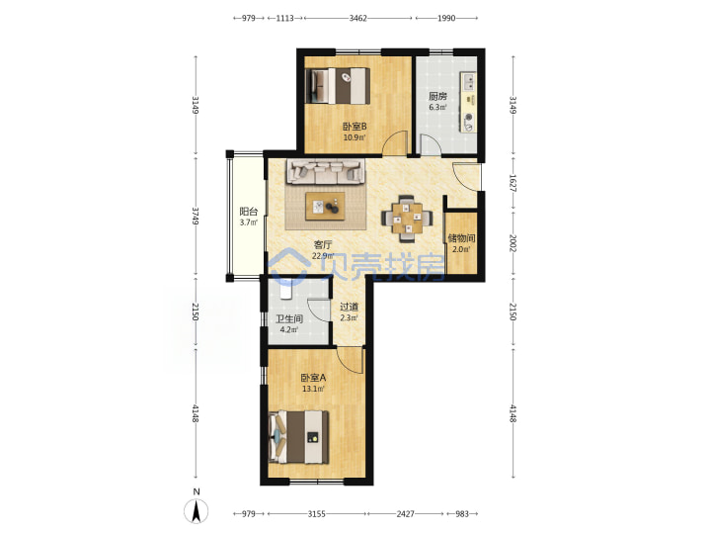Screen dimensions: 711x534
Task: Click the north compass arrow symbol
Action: click(x=196, y=510)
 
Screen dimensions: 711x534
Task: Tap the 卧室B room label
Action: click(x=355, y=127)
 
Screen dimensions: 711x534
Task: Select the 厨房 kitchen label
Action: click(x=437, y=96)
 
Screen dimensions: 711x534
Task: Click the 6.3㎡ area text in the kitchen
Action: click(x=437, y=108)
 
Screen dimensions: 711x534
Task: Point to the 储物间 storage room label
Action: click(x=461, y=238)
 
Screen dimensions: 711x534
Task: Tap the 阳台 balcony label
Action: click(x=249, y=212)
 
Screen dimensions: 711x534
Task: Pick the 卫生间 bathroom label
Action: click(x=289, y=318)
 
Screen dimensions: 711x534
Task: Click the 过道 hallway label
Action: click(x=349, y=307)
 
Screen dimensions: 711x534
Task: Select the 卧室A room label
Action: click(x=313, y=378)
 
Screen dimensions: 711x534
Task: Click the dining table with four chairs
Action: click(x=406, y=218)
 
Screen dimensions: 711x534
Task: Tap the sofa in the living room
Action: click(x=325, y=172)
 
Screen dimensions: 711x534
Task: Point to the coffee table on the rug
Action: click(x=325, y=206)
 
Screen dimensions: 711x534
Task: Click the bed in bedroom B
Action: click(x=338, y=85)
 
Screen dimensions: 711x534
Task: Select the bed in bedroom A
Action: click(x=299, y=437)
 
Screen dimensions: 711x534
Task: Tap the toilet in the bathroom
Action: click(x=284, y=289)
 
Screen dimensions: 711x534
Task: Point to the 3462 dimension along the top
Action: click(x=357, y=18)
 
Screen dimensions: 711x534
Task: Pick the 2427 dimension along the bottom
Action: click(x=406, y=514)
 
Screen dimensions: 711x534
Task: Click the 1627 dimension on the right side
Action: click(x=513, y=183)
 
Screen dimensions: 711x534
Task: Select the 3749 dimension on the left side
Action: click(x=196, y=216)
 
